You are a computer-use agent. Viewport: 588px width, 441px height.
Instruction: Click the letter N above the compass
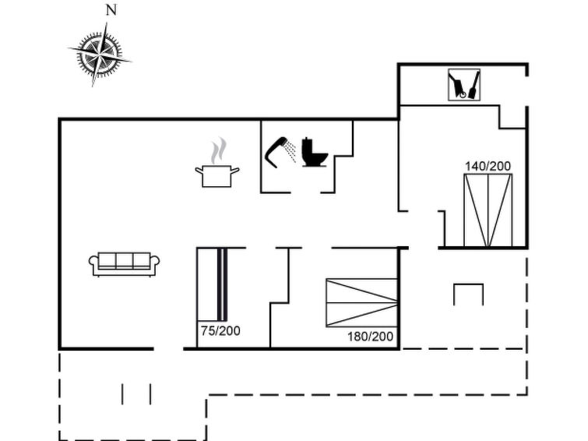point(111,10)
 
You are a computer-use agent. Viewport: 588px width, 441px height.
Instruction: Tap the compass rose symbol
point(100,55)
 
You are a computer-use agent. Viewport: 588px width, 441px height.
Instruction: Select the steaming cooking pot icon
point(217,163)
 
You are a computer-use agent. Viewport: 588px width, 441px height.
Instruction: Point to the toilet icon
point(315,152)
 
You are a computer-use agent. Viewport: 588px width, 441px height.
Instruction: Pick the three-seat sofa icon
point(124,264)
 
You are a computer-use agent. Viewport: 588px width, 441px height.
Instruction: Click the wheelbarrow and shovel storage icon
point(464,84)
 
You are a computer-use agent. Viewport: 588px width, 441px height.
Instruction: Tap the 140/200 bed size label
point(488,166)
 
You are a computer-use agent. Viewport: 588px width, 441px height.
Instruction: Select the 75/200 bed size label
point(220,330)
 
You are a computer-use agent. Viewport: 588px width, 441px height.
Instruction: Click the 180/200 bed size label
point(370,337)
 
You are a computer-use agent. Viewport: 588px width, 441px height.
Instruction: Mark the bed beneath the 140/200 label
point(488,210)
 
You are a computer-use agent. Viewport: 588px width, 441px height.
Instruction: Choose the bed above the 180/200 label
point(362,302)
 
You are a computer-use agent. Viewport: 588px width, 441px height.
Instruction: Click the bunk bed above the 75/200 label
point(213,284)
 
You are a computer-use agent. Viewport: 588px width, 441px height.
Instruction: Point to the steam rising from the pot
point(219,150)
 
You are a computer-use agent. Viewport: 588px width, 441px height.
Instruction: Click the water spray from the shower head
point(290,151)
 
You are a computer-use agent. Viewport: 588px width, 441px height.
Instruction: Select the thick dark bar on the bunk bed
point(222,284)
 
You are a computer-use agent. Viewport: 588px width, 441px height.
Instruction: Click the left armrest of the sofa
point(93,262)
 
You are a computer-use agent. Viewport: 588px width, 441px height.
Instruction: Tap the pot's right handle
point(235,171)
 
